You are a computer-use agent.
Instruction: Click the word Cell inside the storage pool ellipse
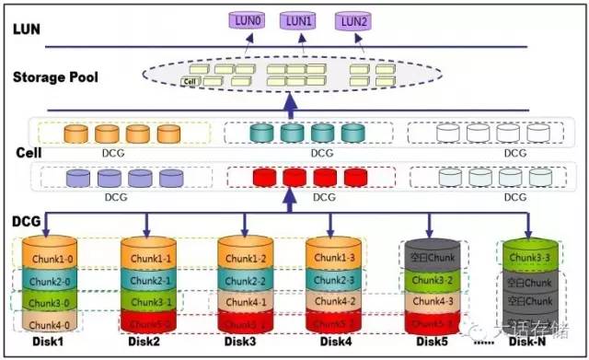click(191, 82)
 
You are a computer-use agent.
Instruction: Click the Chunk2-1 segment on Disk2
click(147, 280)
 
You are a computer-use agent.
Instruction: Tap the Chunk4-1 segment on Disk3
click(245, 301)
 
